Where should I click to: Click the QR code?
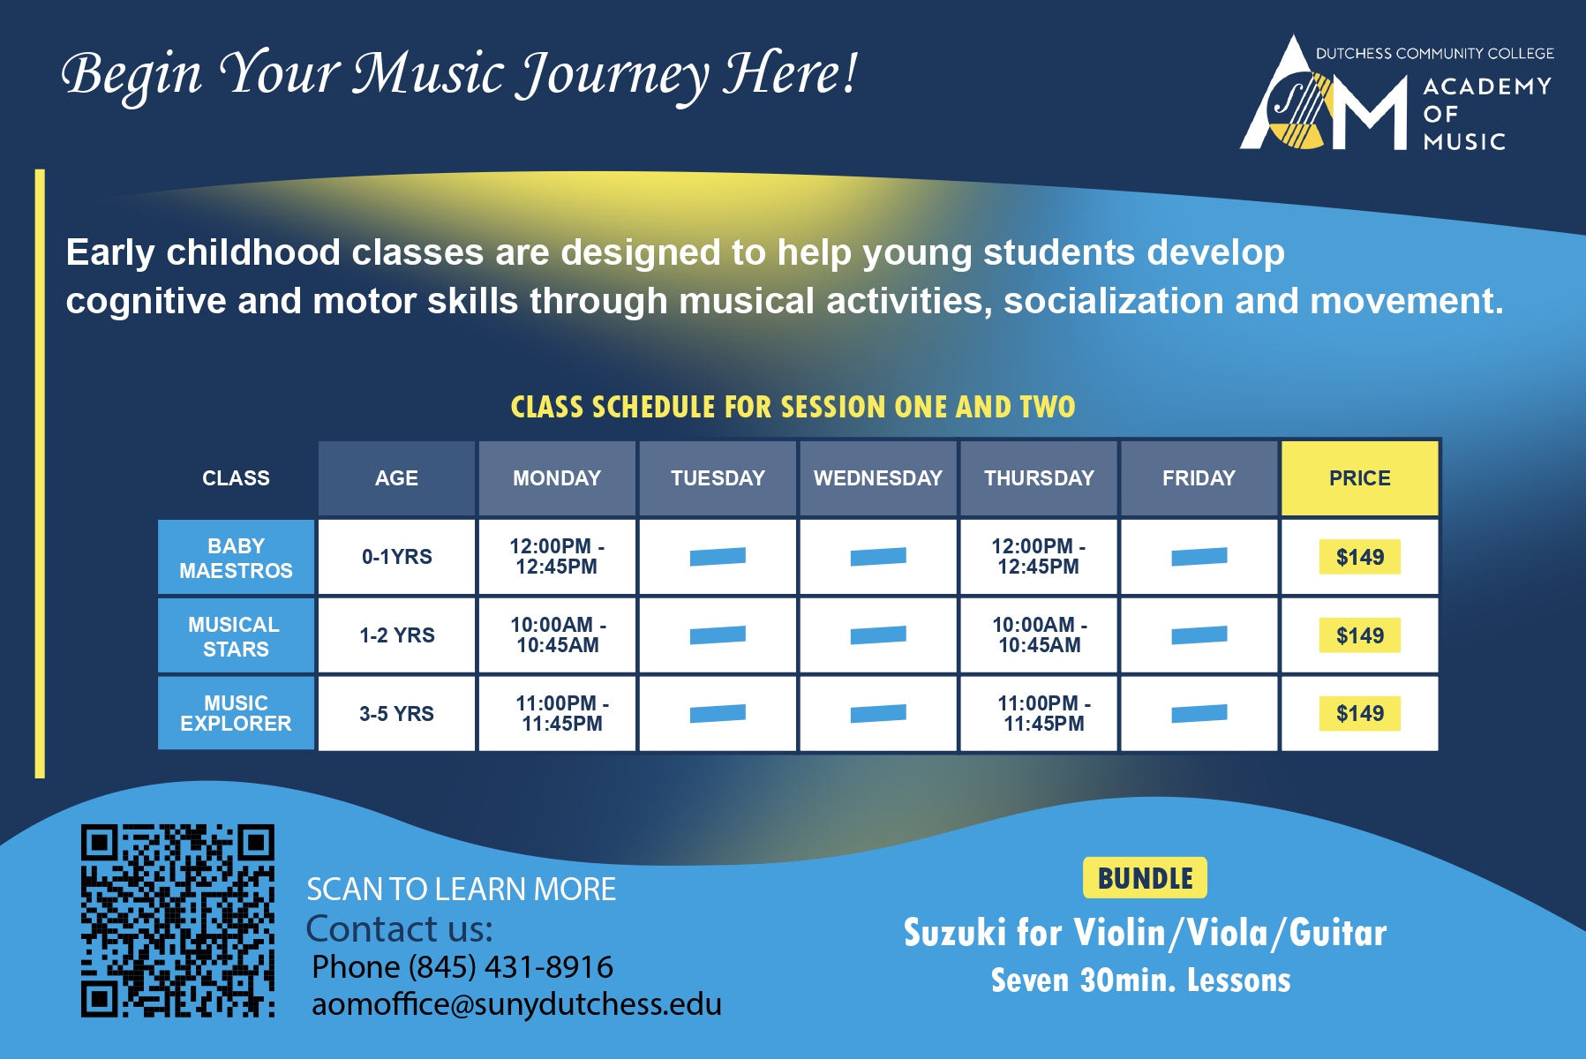177,920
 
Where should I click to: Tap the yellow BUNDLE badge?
1145,878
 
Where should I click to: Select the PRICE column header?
1359,478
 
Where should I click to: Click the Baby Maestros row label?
236,558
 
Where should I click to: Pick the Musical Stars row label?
236,636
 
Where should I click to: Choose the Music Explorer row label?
236,713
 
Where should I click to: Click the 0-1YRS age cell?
397,557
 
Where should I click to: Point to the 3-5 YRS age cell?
397,714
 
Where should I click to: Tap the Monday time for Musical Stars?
558,635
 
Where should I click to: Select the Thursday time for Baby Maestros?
1039,557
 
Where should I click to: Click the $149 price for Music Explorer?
1360,714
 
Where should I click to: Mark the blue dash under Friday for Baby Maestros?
1199,556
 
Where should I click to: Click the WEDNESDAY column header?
878,478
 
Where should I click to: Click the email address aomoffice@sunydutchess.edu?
516,1004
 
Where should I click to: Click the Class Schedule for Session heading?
793,407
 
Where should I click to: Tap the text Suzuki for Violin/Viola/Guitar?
1145,933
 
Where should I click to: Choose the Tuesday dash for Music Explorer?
718,713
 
